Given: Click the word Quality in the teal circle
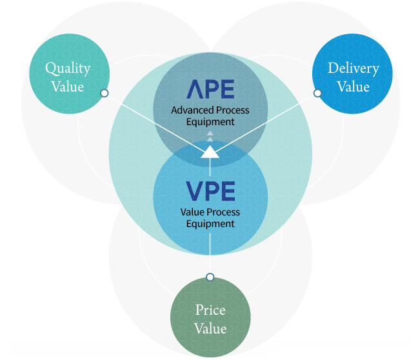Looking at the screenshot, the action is [68, 69].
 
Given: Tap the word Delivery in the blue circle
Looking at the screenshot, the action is [354, 68].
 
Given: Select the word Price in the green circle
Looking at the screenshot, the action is [210, 310].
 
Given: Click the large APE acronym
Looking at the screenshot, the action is [210, 89].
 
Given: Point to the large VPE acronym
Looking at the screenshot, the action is [210, 191].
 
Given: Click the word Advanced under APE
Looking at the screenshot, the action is [193, 110].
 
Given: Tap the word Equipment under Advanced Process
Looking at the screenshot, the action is [210, 122].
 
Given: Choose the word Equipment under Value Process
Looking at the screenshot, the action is [210, 224].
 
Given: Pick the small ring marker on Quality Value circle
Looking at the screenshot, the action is [105, 93].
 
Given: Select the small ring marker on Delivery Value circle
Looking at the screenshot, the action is [317, 93].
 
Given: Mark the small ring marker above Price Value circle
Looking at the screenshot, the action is [210, 277].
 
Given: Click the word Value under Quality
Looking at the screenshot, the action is [68, 87].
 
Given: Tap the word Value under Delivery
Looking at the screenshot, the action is [354, 87].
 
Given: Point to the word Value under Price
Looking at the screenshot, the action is [210, 328].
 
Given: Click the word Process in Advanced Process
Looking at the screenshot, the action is [232, 110].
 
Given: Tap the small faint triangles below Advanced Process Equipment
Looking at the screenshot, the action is [210, 136].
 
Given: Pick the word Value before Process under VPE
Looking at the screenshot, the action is [192, 212].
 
